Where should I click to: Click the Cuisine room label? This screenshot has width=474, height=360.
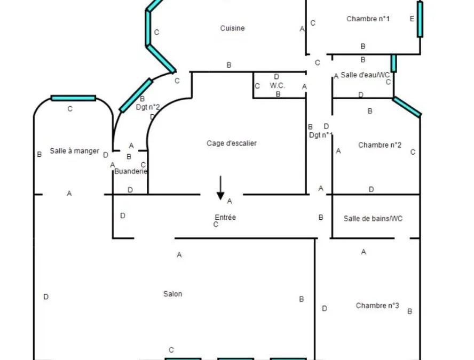[x=232, y=28]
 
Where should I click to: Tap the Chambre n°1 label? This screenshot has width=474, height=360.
[x=368, y=19]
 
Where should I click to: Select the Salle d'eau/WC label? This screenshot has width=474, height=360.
[x=365, y=75]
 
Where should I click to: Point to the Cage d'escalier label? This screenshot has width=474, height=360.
[x=232, y=143]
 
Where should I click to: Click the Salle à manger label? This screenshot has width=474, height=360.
[x=74, y=151]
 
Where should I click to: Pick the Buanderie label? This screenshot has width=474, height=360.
[x=131, y=171]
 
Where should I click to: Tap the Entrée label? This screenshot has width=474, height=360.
[x=225, y=217]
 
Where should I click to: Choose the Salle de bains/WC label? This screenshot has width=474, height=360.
[x=373, y=218]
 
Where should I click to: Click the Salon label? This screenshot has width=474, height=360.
[x=172, y=294]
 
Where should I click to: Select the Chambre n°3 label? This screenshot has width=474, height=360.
[x=377, y=306]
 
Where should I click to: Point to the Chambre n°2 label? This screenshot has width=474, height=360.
[x=380, y=145]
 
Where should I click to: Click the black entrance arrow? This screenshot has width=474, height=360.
[x=220, y=188]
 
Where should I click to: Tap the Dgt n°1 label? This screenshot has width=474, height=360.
[x=321, y=135]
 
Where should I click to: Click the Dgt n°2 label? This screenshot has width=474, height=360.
[x=148, y=107]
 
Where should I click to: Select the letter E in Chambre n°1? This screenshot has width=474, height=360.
[x=412, y=19]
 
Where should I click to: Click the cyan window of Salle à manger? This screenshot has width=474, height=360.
[x=74, y=98]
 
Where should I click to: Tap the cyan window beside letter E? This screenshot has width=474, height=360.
[x=420, y=19]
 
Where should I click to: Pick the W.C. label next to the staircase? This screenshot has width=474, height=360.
[x=277, y=85]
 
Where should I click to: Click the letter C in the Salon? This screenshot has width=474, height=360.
[x=171, y=350]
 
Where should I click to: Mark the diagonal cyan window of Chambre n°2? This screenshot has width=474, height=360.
[x=407, y=107]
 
